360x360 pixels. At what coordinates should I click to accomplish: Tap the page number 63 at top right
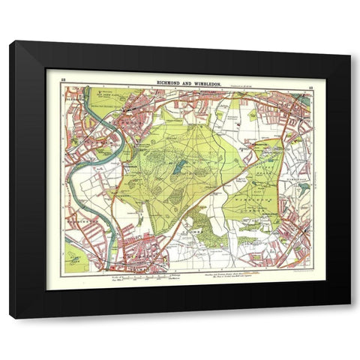coord(309,77)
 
